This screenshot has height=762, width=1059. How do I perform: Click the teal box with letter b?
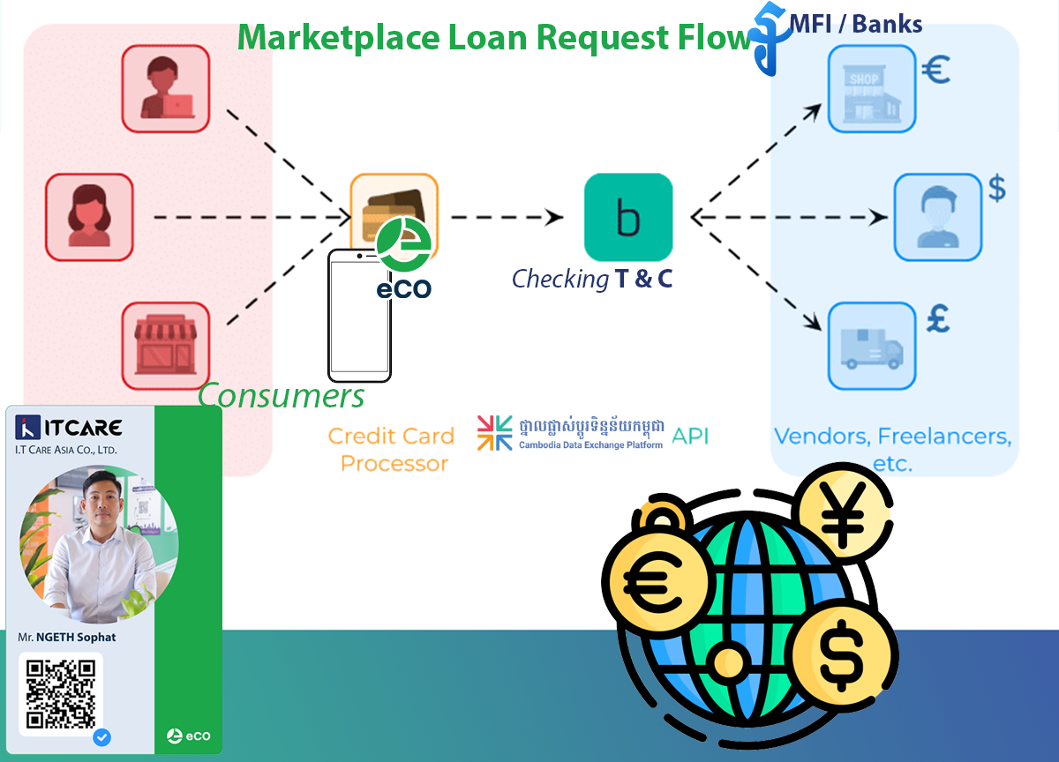point(628,217)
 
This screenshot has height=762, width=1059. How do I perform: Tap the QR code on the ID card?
point(61,694)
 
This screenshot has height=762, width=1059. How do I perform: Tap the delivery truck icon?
point(871,346)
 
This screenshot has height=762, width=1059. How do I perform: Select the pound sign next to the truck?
point(937,319)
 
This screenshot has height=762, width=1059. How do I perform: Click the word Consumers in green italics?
point(281,396)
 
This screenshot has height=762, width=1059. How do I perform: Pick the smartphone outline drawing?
point(359,315)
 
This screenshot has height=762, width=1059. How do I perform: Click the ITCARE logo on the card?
point(70,429)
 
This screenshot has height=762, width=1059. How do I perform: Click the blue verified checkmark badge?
point(101,736)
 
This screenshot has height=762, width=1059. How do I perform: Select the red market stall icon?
point(165,346)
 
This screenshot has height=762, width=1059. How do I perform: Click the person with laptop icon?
point(165,88)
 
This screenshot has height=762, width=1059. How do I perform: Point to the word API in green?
point(690,436)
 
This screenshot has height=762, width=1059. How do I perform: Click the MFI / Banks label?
point(856,24)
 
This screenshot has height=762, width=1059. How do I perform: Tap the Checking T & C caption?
point(592,280)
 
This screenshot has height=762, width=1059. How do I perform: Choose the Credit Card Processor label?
point(391,449)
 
